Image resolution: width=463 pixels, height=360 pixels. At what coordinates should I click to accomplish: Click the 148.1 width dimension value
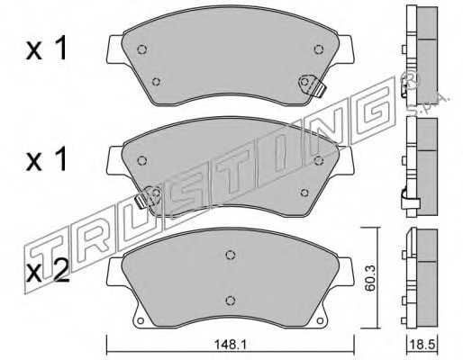click(230, 345)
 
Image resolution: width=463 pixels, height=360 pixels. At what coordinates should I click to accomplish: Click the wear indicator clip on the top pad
click(313, 85)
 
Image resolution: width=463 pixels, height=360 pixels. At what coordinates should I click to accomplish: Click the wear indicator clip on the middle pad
click(147, 196)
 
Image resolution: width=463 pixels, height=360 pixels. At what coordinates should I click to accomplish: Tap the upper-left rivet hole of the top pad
click(142, 49)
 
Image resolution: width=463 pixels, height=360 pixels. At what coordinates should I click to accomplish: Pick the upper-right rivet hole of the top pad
click(319, 49)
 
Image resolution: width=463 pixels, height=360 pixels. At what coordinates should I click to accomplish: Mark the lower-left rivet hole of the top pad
click(156, 82)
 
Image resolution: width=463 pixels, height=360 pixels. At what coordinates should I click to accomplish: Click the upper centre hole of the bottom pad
click(231, 255)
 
